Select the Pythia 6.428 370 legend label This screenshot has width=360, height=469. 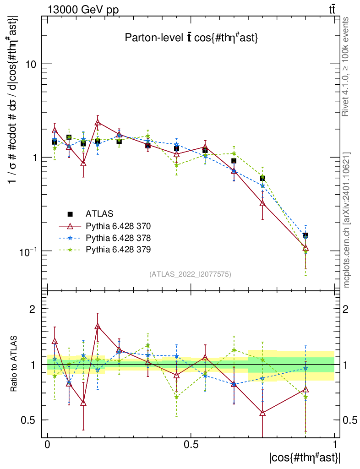[118, 226]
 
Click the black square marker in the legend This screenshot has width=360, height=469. [70, 214]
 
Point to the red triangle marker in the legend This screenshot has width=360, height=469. [70, 226]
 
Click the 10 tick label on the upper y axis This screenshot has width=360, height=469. [31, 64]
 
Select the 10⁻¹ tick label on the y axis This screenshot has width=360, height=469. [28, 251]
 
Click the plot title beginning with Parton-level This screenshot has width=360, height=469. [192, 38]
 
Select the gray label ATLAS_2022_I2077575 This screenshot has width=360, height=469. [190, 274]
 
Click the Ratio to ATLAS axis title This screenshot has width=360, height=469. [14, 364]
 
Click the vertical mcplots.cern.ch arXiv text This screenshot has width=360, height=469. [347, 220]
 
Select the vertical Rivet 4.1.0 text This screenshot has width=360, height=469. [346, 66]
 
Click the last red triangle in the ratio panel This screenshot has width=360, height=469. [305, 390]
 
